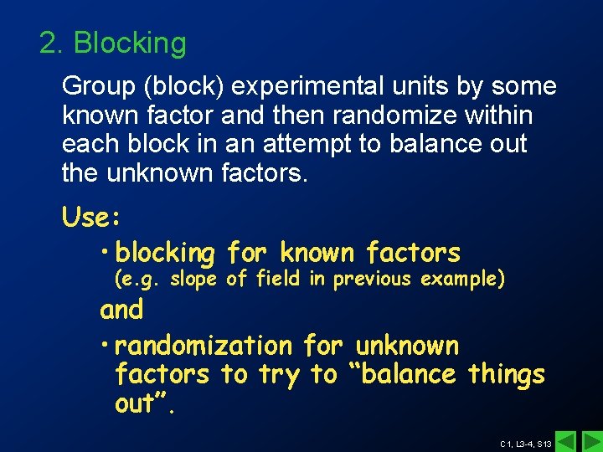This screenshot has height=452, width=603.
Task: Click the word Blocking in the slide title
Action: click(130, 44)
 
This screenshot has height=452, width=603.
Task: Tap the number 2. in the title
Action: click(52, 44)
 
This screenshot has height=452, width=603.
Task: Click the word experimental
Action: click(308, 87)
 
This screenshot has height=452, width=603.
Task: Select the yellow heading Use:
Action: click(92, 218)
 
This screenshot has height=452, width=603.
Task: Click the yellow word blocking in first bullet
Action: click(165, 253)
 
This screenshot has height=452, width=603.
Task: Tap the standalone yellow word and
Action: click(121, 310)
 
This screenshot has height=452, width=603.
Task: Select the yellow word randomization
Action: click(204, 345)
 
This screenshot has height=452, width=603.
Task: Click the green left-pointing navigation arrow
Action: click(567, 441)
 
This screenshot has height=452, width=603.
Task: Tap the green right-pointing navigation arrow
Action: click(591, 441)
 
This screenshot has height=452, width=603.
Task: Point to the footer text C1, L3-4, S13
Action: click(525, 444)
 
